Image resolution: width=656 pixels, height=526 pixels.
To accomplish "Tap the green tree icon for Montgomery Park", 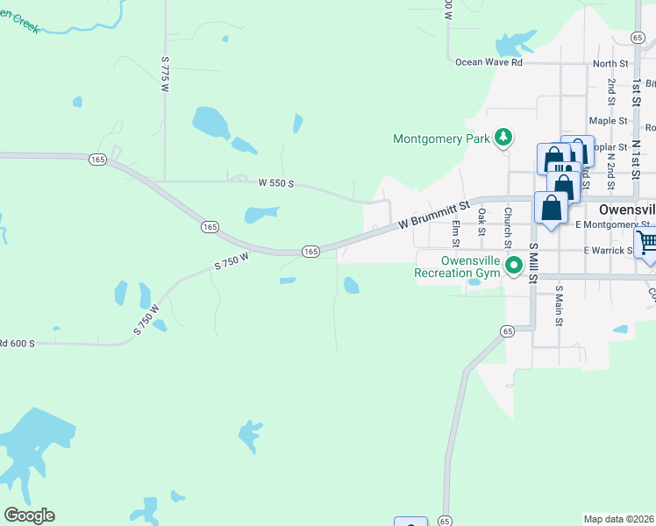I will (x=503, y=138).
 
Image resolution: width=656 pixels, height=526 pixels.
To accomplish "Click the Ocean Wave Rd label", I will (x=488, y=62).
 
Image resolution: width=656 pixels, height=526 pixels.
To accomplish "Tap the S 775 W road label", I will (x=164, y=71).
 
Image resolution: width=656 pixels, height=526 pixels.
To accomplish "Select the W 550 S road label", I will (x=275, y=184).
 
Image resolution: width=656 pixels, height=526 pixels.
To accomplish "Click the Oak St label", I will (x=481, y=222).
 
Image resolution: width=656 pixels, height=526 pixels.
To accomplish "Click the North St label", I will (x=610, y=63).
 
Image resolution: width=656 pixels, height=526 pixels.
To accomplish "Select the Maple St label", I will (x=608, y=121).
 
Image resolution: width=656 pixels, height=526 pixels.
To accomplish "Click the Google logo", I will (x=29, y=515).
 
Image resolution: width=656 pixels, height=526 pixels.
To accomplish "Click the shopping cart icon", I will (x=647, y=241).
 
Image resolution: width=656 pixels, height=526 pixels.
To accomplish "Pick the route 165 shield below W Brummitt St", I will (x=310, y=252).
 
